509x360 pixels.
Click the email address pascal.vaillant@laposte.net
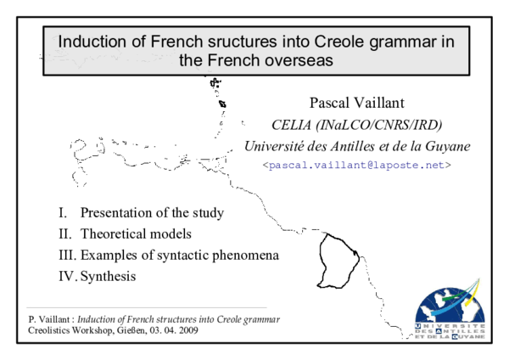click(356, 166)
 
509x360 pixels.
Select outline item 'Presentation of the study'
click(156, 211)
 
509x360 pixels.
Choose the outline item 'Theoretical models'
click(136, 233)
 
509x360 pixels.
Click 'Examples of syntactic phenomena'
click(180, 255)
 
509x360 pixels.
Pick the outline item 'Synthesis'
click(108, 276)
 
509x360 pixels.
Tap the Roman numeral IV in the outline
click(67, 276)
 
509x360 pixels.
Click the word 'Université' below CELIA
click(273, 146)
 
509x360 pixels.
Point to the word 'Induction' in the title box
click(87, 41)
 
